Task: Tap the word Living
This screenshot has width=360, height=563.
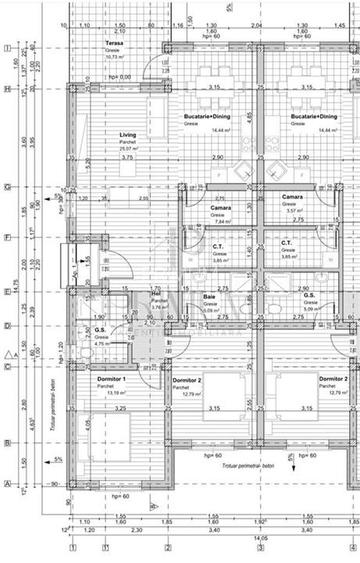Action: pyautogui.click(x=100, y=133)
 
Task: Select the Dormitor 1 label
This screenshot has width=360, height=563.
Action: pyautogui.click(x=110, y=380)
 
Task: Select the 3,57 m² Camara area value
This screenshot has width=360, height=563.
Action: pyautogui.click(x=293, y=211)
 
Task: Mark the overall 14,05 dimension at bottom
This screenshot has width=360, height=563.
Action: pyautogui.click(x=262, y=537)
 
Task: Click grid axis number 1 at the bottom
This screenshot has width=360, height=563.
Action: pyautogui.click(x=73, y=548)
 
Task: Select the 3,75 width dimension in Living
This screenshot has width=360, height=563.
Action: pyautogui.click(x=126, y=157)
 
